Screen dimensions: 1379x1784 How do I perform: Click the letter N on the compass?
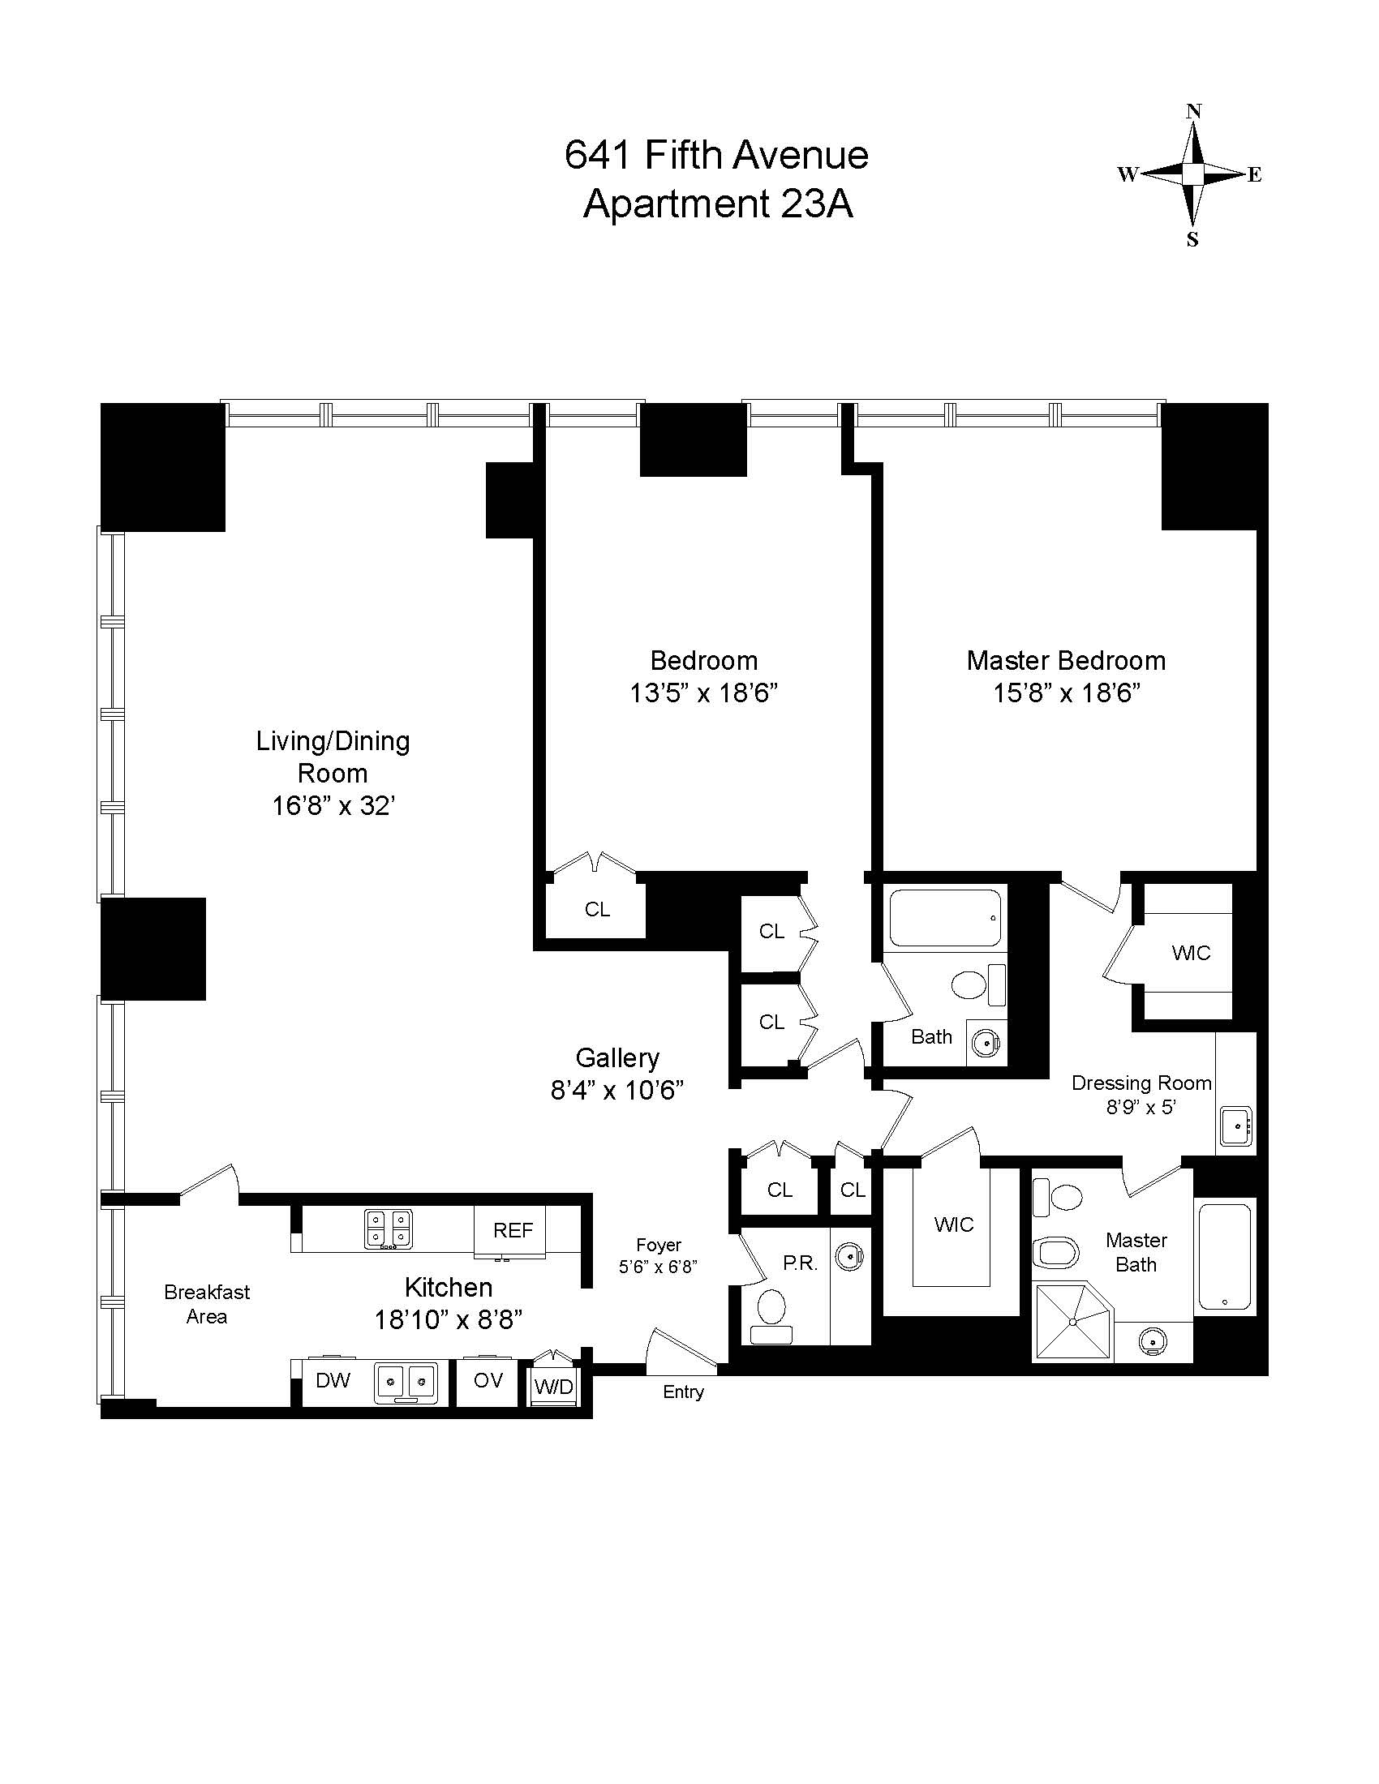(x=1193, y=111)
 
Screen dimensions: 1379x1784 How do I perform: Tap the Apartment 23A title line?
(x=718, y=204)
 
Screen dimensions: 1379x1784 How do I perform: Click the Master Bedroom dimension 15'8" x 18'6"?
(x=1066, y=693)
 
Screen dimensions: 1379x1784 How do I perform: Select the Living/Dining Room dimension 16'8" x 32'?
(x=333, y=806)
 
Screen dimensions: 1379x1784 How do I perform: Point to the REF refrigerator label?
(x=513, y=1230)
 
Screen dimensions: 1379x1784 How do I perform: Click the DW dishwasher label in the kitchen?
(x=333, y=1379)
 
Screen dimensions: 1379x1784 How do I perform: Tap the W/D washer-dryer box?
(x=554, y=1386)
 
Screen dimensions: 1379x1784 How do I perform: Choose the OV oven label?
(x=488, y=1379)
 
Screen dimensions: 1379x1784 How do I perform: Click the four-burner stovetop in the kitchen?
(x=388, y=1229)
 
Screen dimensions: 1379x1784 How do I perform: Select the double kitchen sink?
(x=406, y=1382)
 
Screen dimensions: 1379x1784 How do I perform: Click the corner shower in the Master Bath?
(x=1072, y=1321)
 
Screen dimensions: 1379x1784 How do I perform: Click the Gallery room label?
(x=616, y=1057)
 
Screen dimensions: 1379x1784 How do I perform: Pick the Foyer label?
(x=659, y=1245)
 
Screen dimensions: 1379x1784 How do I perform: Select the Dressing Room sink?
(x=1237, y=1126)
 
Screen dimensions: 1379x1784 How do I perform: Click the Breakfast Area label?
(x=207, y=1304)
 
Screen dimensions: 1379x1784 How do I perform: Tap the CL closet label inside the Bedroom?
(x=597, y=909)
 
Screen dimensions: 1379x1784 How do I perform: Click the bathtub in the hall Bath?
(x=945, y=917)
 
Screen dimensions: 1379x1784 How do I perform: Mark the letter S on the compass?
(x=1192, y=239)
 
